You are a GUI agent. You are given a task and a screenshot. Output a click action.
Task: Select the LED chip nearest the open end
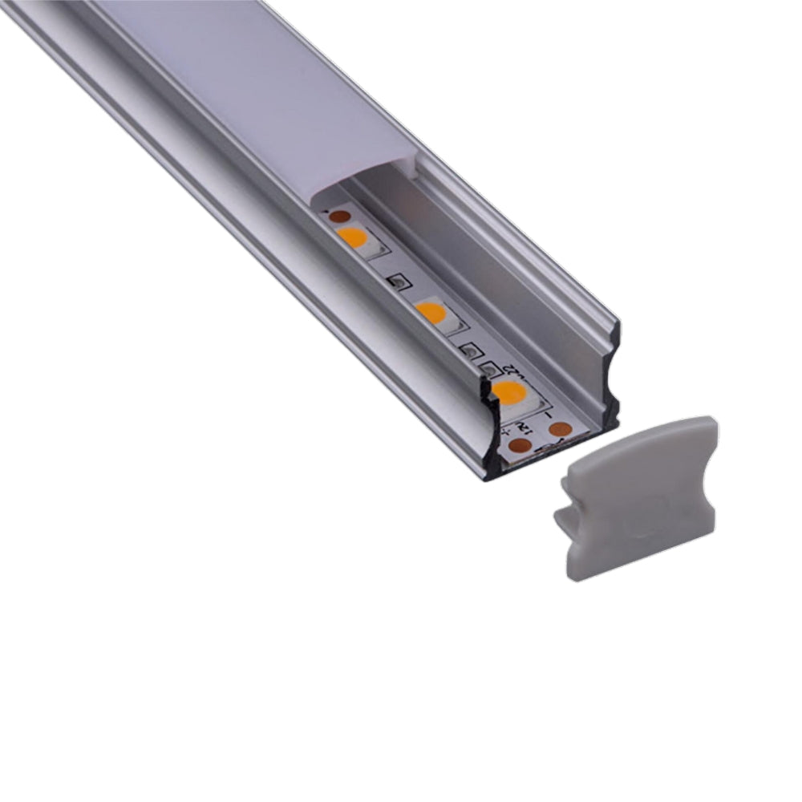(509, 392)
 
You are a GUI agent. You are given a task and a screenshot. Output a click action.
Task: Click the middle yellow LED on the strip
(432, 311)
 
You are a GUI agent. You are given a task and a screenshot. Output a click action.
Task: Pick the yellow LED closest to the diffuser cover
(352, 237)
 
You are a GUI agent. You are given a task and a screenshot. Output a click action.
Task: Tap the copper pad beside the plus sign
(520, 444)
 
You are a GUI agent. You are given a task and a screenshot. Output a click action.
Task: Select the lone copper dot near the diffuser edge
(340, 216)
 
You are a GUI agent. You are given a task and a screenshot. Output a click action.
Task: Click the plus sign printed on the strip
(504, 433)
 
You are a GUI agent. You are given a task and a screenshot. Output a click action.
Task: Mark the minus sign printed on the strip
(547, 416)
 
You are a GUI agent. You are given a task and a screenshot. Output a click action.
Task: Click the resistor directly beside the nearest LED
(487, 369)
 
